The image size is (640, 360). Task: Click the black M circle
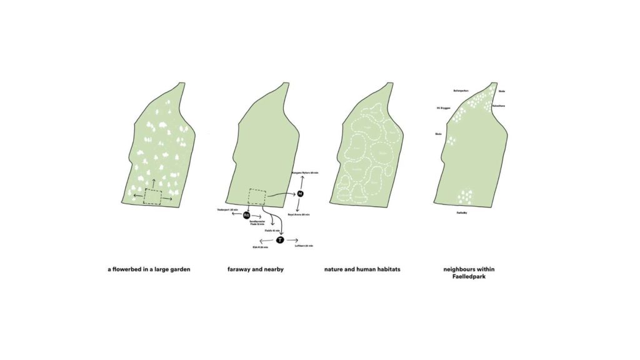(300, 194)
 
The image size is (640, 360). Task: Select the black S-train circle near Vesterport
(246, 215)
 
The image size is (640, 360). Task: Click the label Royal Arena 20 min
(299, 214)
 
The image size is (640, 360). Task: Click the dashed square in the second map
(257, 196)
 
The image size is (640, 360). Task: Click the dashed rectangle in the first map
(152, 197)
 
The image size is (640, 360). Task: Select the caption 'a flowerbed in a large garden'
(149, 269)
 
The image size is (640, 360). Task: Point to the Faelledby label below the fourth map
(463, 213)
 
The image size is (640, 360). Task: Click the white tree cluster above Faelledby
(465, 197)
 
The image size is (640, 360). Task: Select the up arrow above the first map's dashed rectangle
(152, 181)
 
